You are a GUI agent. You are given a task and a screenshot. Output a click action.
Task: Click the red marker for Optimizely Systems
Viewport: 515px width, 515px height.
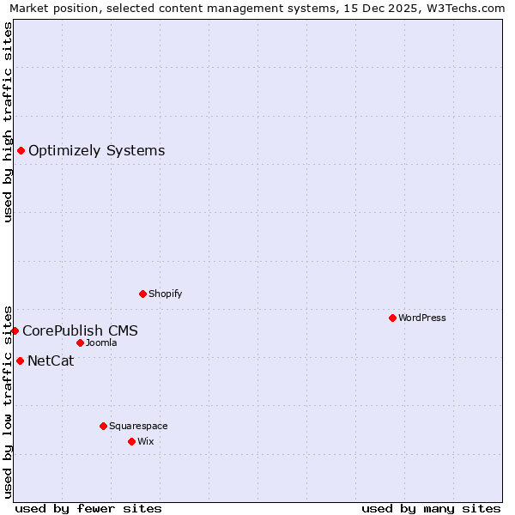(21, 151)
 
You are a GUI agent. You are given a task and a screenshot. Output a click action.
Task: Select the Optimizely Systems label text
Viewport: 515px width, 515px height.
(96, 151)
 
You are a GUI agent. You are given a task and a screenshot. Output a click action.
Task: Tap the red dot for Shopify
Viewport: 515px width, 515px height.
(142, 294)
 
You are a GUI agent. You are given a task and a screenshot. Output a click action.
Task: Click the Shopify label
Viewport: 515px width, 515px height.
(165, 294)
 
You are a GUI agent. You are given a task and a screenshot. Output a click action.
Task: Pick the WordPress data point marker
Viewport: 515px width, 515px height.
(392, 318)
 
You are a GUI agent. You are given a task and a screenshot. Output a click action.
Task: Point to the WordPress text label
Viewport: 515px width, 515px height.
(421, 318)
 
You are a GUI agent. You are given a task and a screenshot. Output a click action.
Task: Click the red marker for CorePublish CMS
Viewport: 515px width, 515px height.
(15, 330)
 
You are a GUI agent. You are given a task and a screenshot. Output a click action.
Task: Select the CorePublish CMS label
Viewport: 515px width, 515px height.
(80, 331)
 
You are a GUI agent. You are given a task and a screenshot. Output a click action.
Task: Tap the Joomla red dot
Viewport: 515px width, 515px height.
(80, 343)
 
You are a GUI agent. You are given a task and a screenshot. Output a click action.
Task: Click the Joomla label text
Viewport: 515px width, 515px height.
(101, 343)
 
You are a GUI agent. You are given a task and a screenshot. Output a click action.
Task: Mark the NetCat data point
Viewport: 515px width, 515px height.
(20, 361)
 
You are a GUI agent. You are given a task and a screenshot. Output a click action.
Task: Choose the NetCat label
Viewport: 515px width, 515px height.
(51, 361)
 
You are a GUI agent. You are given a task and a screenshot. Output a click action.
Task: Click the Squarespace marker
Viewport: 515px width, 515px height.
(103, 427)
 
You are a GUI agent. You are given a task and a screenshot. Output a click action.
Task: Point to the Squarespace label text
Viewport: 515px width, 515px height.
(138, 427)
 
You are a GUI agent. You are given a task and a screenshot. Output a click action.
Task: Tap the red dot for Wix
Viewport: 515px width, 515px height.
(131, 442)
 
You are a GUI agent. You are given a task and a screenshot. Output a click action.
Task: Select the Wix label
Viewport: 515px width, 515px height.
(146, 442)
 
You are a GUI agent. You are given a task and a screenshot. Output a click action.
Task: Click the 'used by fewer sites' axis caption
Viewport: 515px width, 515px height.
(88, 509)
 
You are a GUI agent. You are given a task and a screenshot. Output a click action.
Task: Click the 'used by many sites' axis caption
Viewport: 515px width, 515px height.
(431, 509)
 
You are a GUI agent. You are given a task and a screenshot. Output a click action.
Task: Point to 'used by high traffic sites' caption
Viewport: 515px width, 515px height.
(8, 122)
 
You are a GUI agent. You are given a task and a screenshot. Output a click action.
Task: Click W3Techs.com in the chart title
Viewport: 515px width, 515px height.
(464, 8)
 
